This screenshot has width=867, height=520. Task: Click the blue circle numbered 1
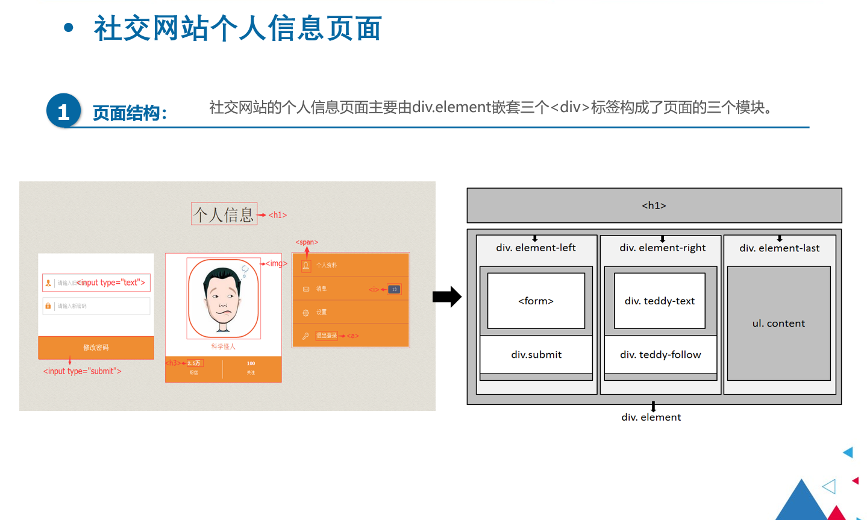(x=63, y=111)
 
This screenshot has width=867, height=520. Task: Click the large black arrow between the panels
(x=446, y=296)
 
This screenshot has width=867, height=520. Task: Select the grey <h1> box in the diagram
(x=654, y=205)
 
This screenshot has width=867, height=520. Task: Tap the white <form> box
(x=536, y=301)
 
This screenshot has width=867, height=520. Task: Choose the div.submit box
(x=536, y=355)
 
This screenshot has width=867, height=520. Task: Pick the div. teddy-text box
(x=659, y=301)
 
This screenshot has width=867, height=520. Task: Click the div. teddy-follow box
(x=660, y=355)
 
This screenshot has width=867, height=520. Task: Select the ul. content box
(x=778, y=324)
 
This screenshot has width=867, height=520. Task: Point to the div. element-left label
(x=536, y=248)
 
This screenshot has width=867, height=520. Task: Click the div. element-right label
(x=662, y=248)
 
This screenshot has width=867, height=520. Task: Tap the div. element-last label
(x=779, y=248)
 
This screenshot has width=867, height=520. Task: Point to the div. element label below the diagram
(x=651, y=417)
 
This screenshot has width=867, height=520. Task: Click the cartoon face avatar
(x=224, y=298)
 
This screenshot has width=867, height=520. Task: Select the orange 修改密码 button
(x=96, y=348)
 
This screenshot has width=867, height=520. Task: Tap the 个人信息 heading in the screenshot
(x=224, y=215)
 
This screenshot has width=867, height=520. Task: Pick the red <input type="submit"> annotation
(x=82, y=371)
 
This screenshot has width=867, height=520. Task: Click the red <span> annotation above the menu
(x=307, y=242)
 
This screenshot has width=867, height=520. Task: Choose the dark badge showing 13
(x=394, y=289)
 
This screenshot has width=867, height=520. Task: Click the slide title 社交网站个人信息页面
(x=237, y=28)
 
